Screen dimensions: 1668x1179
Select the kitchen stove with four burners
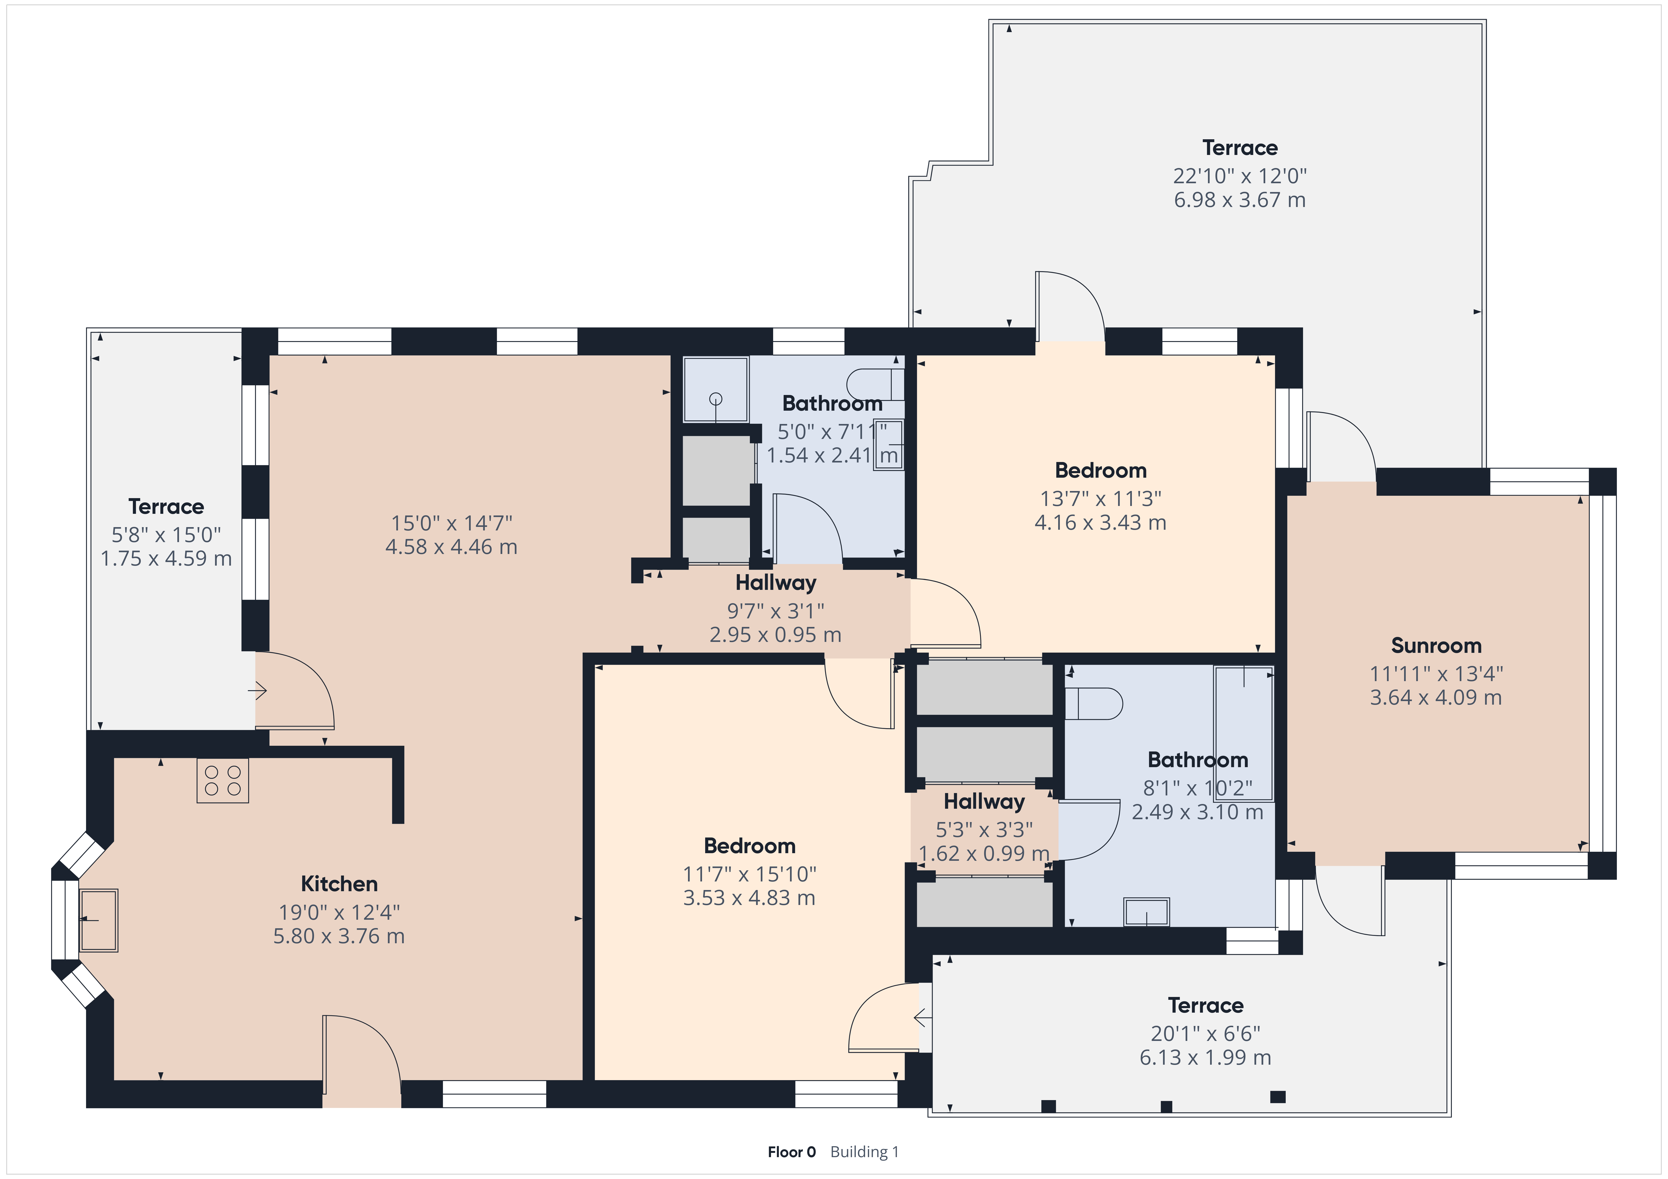click(222, 780)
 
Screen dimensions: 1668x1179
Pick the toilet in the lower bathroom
click(1093, 703)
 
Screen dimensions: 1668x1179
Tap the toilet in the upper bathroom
click(875, 384)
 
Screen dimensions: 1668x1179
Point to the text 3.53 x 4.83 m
click(749, 898)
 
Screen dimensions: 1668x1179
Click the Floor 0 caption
click(791, 1151)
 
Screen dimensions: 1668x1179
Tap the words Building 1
click(864, 1151)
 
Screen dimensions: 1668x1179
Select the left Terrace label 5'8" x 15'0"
click(166, 535)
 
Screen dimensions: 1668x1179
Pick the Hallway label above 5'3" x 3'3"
click(984, 801)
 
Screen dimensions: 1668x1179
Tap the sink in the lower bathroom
click(1146, 912)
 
